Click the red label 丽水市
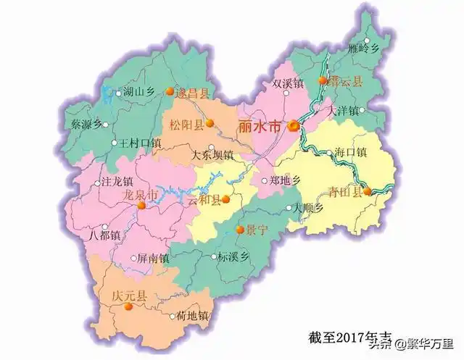pos(259,126)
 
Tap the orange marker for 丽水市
pos(294,126)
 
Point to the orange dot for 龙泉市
pos(142,205)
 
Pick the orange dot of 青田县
pos(368,192)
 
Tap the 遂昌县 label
pos(195,93)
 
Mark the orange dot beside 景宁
pos(239,230)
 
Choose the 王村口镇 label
pos(140,143)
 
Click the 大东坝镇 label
pos(211,154)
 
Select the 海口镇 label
pos(352,152)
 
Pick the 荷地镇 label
pos(193,316)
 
